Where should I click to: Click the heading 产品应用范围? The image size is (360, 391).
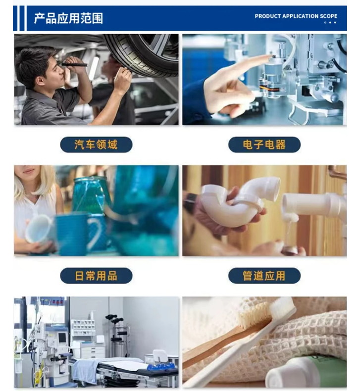(68, 18)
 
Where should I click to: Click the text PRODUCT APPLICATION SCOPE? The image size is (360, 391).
(296, 16)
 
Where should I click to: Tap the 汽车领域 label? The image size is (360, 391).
(96, 145)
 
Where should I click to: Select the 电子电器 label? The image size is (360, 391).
(264, 145)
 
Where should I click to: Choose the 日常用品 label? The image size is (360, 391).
(96, 276)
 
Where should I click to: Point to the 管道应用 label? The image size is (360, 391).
(264, 276)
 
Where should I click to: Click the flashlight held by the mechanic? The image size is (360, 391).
(74, 64)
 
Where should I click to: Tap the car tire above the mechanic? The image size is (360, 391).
(142, 53)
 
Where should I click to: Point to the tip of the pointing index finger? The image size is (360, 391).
(271, 57)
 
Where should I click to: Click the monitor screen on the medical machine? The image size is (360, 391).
(62, 338)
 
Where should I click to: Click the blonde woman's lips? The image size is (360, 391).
(28, 171)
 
